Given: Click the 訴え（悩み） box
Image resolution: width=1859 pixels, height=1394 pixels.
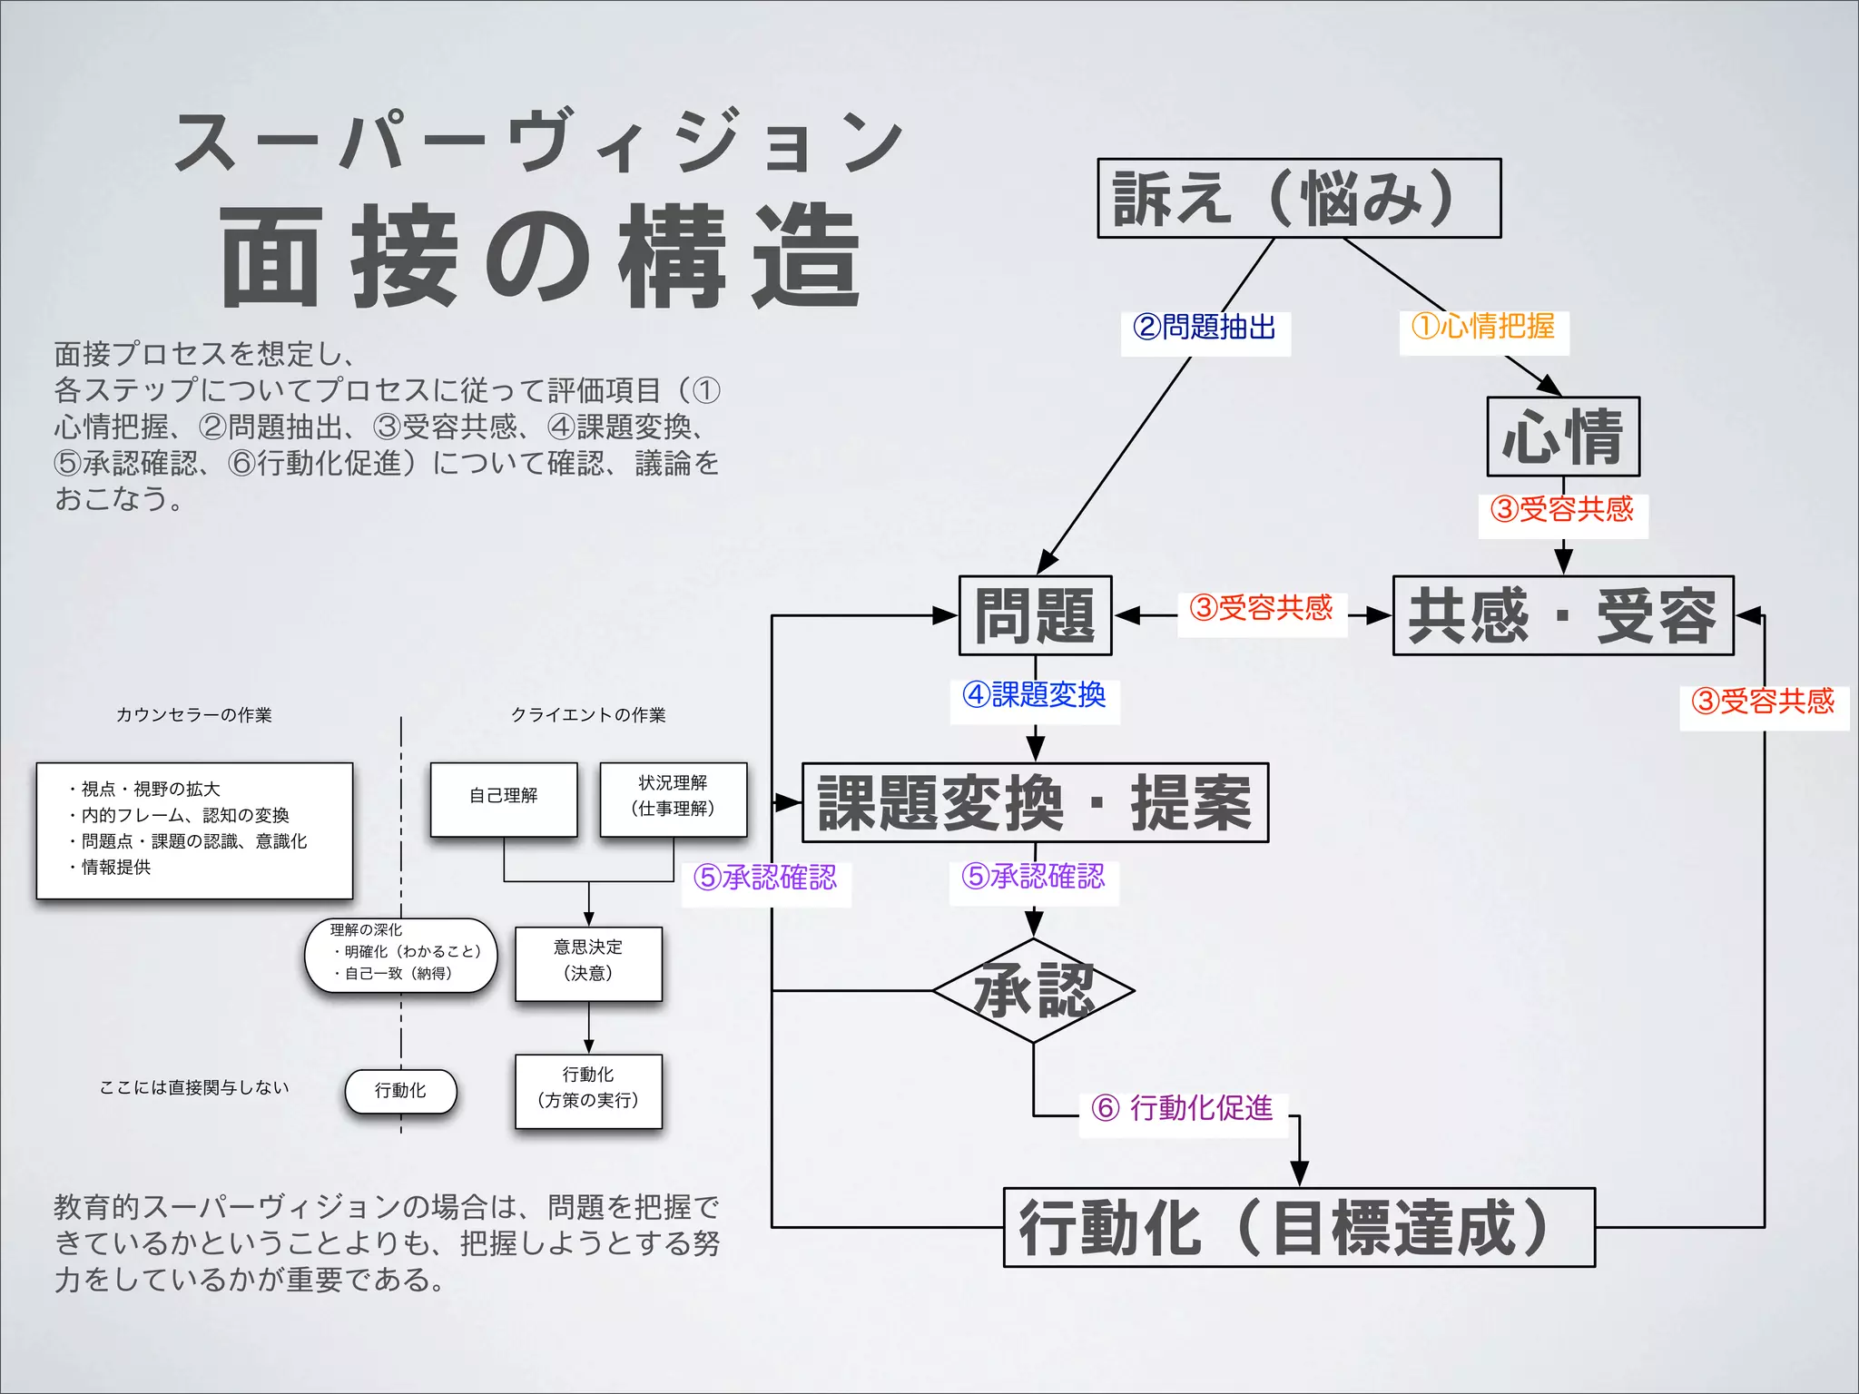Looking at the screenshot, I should (1298, 199).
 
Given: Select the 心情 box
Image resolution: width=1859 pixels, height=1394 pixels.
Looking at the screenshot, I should (1562, 437).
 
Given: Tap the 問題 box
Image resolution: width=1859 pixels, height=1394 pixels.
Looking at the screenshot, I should (1035, 616).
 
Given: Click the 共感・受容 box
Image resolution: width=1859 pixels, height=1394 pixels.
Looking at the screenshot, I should (1562, 616).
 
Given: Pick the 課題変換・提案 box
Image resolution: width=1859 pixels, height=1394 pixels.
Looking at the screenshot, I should (1035, 803).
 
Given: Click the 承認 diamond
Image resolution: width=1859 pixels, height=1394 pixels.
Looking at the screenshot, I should (1033, 990).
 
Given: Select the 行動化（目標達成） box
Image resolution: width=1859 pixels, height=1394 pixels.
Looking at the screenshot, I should (1298, 1227).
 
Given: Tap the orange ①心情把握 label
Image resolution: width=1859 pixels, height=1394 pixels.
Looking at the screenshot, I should (1483, 327).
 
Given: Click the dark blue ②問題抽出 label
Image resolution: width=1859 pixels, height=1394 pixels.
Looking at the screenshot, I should (1205, 328).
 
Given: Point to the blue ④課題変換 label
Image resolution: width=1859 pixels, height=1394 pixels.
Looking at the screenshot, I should (1034, 696).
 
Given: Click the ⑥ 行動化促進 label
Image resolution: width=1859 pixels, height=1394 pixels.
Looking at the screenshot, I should (1183, 1109).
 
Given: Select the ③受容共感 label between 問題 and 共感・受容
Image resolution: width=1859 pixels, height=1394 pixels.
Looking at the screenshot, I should (1261, 608).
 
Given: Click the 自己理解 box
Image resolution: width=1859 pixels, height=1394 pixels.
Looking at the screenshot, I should (504, 799).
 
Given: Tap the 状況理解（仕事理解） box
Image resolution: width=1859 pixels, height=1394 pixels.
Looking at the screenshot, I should (673, 797).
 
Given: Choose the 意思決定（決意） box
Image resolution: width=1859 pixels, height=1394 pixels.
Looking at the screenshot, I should (588, 962).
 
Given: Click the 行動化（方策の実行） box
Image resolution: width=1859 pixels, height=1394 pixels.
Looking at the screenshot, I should (588, 1089).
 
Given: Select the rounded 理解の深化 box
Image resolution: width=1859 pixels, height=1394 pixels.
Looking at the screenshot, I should (400, 954).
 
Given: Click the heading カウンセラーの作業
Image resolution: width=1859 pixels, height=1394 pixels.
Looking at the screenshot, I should (193, 715).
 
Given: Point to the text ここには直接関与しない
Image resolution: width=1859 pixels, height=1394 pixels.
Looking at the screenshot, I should (193, 1087).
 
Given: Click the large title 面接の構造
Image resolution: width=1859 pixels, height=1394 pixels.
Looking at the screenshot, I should (540, 257).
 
